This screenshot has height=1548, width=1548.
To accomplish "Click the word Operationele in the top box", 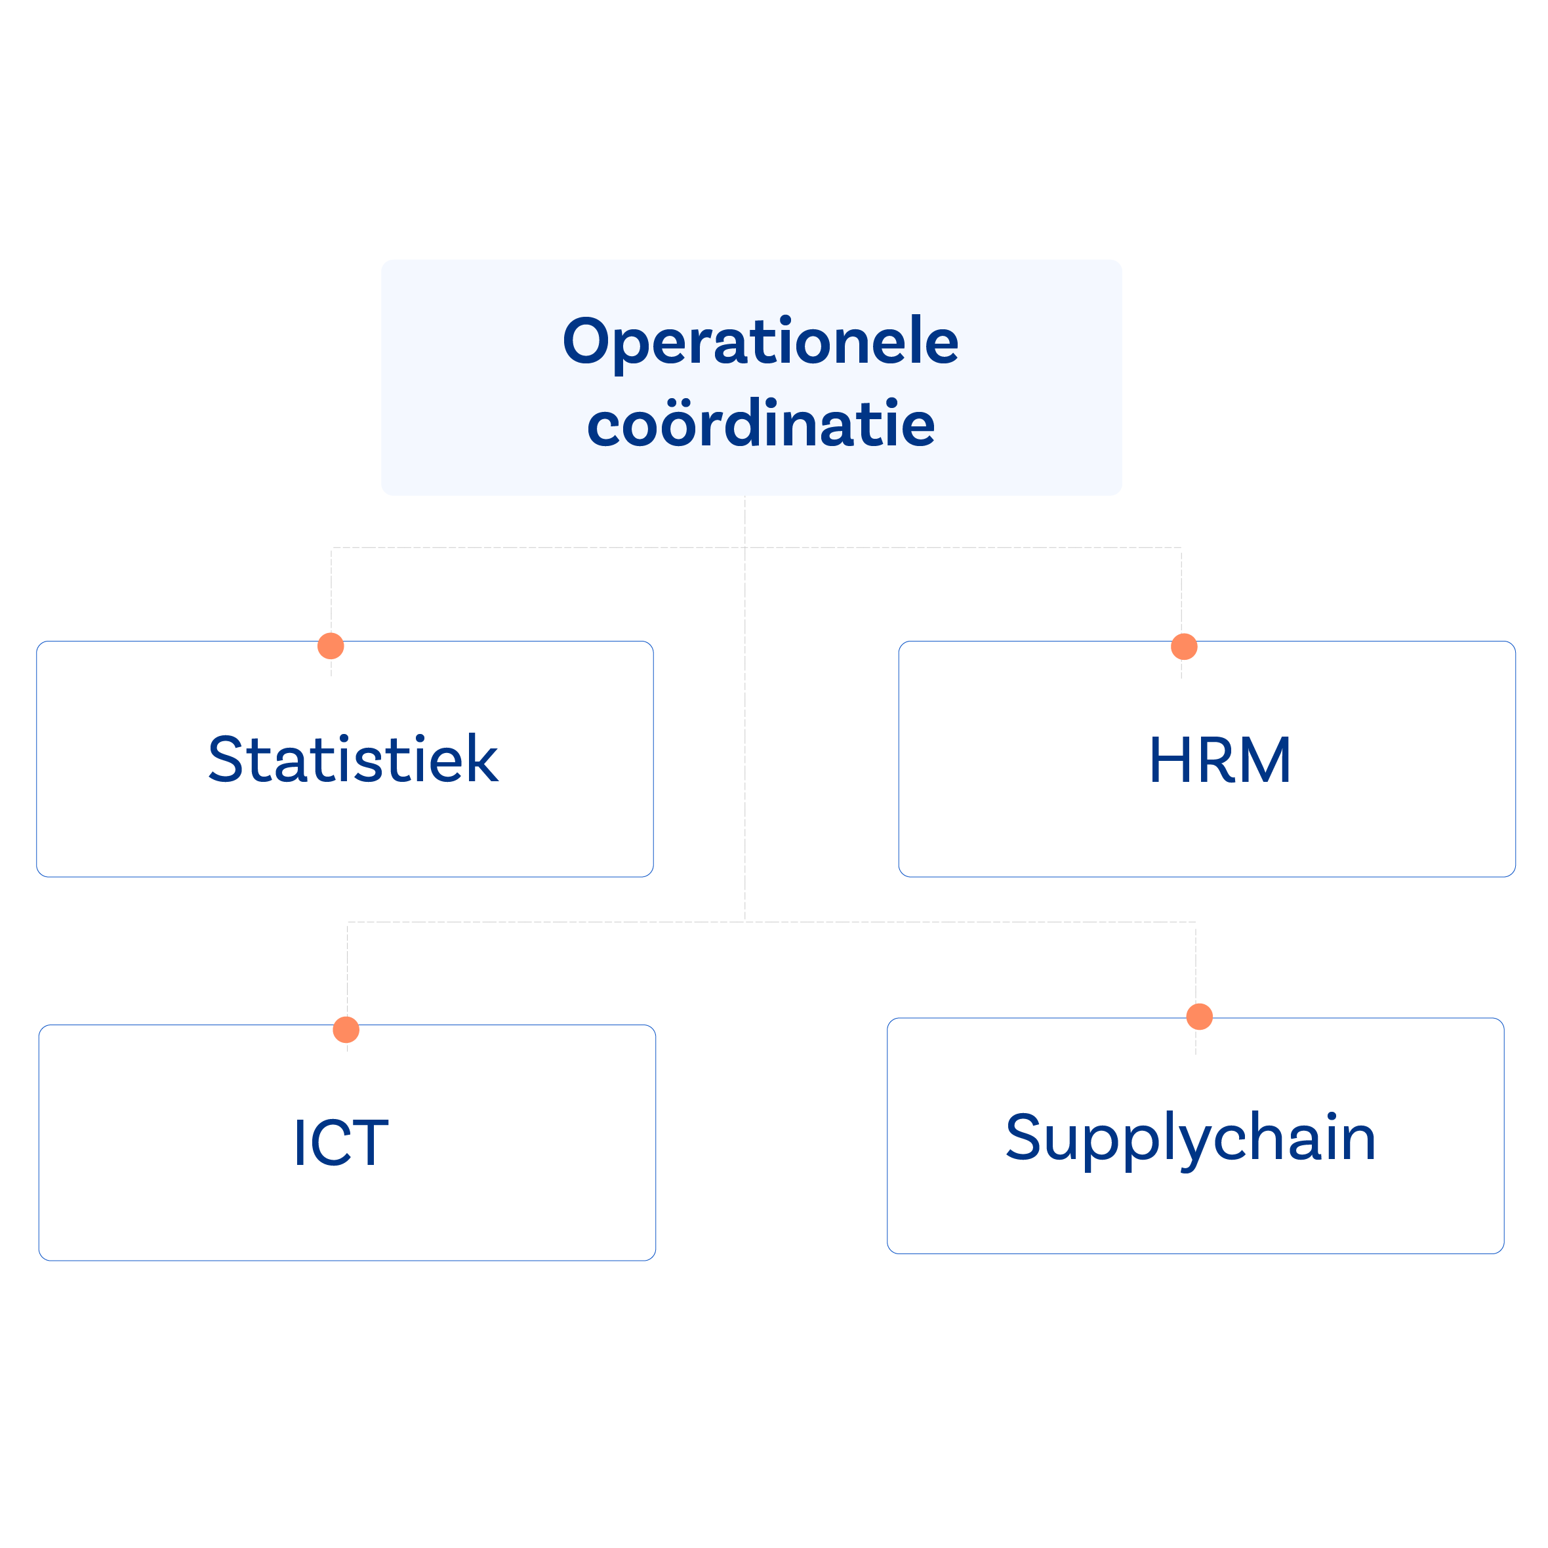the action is [760, 343].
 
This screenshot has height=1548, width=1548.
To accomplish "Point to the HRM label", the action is [1219, 760].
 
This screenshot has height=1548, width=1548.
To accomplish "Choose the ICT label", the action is [341, 1143].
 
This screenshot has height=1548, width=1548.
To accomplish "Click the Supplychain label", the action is [1191, 1139].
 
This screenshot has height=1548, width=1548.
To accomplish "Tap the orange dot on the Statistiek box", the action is [331, 646].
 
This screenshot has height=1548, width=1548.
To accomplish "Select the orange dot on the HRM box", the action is [1184, 647].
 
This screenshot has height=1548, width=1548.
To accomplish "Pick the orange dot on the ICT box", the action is [346, 1030].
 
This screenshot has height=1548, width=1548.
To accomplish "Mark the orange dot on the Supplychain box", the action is [1200, 1017].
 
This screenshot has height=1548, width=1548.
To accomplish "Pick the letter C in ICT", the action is [329, 1143].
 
